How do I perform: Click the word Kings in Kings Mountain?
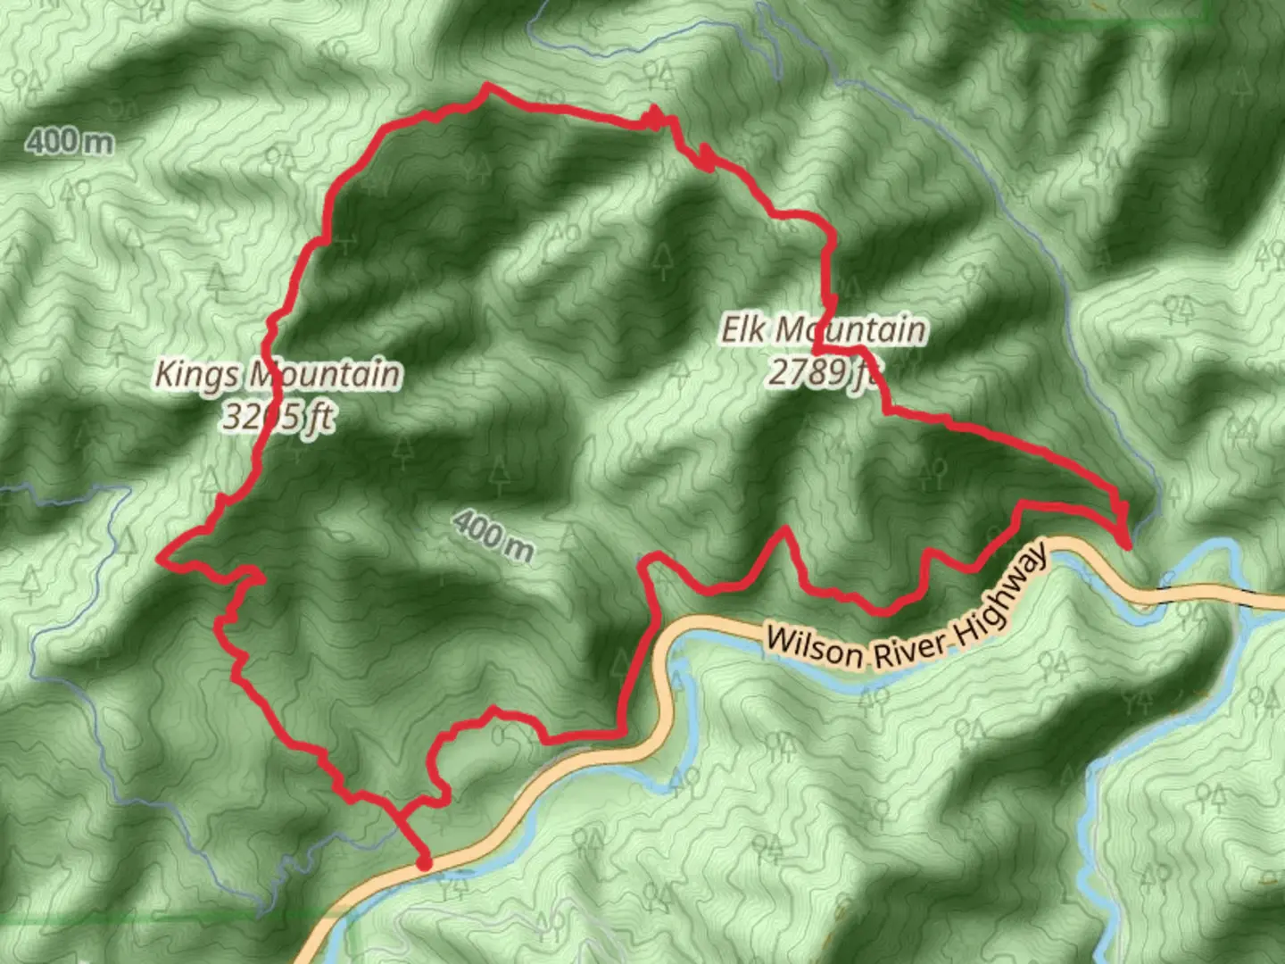coord(199,374)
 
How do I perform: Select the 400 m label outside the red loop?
coord(69,140)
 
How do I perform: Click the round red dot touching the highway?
coord(424,862)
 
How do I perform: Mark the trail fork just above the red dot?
coord(398,815)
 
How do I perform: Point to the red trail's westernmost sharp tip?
coord(160,559)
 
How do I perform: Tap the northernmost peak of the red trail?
coord(486,87)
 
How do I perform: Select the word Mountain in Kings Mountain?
coord(325,374)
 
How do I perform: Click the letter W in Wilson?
coord(779,640)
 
